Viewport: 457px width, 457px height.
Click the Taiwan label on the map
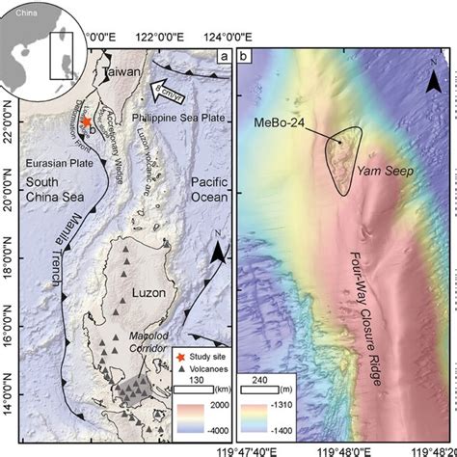click(x=122, y=73)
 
